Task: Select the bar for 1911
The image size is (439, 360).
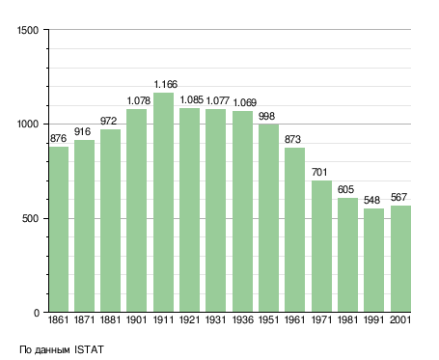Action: pyautogui.click(x=163, y=203)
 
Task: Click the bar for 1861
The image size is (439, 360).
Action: pyautogui.click(x=59, y=230)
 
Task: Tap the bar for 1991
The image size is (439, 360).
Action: pyautogui.click(x=373, y=261)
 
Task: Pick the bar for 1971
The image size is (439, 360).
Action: pyautogui.click(x=321, y=246)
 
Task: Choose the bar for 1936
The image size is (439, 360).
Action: pyautogui.click(x=242, y=211)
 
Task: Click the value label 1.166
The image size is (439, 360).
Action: pyautogui.click(x=166, y=84)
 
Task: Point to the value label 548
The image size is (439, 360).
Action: pyautogui.click(x=371, y=200)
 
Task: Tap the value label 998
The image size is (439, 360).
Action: pyautogui.click(x=266, y=116)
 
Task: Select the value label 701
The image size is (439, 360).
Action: pyautogui.click(x=319, y=172)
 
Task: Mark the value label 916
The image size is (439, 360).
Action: pyautogui.click(x=82, y=131)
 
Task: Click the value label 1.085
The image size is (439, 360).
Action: pyautogui.click(x=192, y=99)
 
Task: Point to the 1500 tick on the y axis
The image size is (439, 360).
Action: pyautogui.click(x=28, y=30)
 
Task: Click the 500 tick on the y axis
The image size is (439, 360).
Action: pyautogui.click(x=30, y=218)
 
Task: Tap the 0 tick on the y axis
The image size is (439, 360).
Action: pyautogui.click(x=37, y=313)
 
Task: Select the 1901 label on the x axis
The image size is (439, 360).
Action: pyautogui.click(x=137, y=319)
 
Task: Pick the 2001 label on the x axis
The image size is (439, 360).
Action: pyautogui.click(x=400, y=319)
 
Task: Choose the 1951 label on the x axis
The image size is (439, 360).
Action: pyautogui.click(x=268, y=319)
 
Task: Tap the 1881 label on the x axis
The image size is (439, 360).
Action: pyautogui.click(x=110, y=319)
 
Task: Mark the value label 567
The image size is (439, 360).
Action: pyautogui.click(x=398, y=197)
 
